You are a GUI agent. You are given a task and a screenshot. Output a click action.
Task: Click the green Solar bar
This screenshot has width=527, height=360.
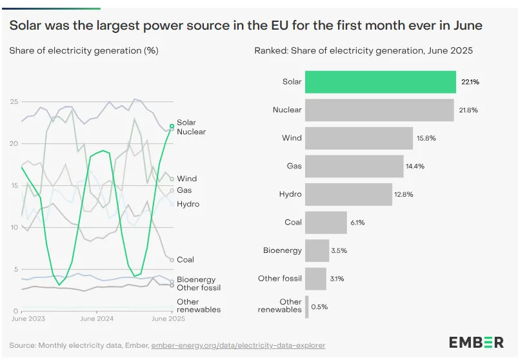point(381,82)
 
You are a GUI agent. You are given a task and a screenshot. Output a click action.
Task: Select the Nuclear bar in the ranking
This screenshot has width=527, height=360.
point(379,110)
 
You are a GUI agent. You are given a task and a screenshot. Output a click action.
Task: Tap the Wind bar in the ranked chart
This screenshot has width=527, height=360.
point(359,138)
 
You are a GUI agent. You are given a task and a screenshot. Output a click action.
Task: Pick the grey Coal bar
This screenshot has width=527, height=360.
point(326,222)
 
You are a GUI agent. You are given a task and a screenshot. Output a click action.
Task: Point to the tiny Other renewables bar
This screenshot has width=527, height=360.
point(307,306)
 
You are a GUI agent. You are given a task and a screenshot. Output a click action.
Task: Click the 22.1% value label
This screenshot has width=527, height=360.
point(470,82)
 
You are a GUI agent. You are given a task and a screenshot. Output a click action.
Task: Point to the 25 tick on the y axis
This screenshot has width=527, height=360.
point(14,101)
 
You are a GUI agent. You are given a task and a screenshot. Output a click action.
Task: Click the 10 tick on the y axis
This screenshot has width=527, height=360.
point(14,227)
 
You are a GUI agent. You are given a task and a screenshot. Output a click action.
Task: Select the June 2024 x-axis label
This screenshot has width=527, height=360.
point(96,319)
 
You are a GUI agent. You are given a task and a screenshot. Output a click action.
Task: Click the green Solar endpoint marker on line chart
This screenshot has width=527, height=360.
point(172,126)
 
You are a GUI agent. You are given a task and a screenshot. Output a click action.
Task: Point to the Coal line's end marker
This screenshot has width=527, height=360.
point(172,260)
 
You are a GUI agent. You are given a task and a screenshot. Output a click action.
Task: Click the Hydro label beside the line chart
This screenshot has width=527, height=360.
point(188,204)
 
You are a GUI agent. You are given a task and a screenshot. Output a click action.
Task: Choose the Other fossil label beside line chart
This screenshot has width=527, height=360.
point(199,288)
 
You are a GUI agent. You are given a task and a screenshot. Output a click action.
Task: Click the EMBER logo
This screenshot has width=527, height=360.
point(477,342)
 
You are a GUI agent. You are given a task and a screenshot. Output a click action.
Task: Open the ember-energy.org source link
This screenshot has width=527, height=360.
point(238,345)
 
